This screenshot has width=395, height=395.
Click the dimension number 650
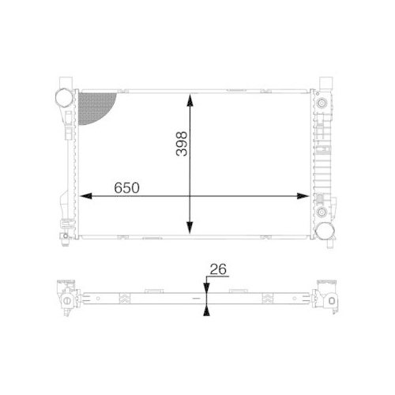click(x=127, y=188)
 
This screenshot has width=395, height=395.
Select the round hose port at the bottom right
click(x=325, y=230)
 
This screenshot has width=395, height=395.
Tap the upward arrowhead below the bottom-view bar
click(x=207, y=309)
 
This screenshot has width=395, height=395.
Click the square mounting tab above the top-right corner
click(x=325, y=81)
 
